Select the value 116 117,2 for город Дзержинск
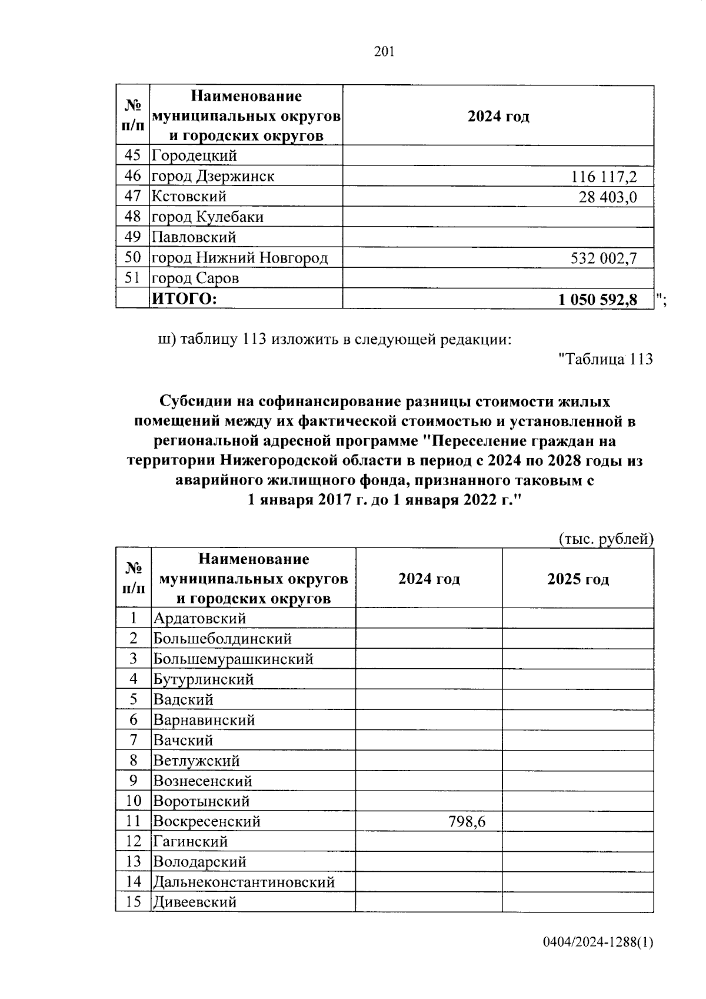(x=604, y=177)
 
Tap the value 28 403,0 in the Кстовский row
(x=607, y=197)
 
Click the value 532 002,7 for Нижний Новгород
(x=604, y=258)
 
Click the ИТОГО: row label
(x=185, y=299)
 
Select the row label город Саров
(x=195, y=278)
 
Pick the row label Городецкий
(x=195, y=156)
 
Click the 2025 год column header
(x=578, y=579)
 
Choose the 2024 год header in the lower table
(x=429, y=579)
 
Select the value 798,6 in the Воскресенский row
(x=467, y=821)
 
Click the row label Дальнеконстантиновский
(x=244, y=882)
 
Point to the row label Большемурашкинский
(x=233, y=659)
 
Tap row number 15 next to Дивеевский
(x=134, y=902)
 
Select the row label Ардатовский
(x=199, y=618)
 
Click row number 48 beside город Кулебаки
(x=133, y=217)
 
